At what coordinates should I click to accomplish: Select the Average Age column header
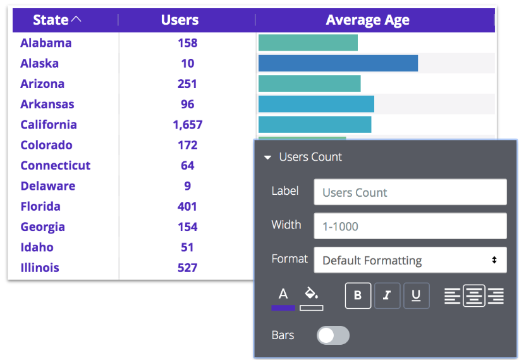[367, 20]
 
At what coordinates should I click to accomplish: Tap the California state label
[49, 125]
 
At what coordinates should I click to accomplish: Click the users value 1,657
[187, 125]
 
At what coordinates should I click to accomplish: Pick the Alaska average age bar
[338, 63]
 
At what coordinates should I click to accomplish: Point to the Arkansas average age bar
[316, 104]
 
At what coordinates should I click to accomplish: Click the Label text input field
[410, 192]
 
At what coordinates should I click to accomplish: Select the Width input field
[410, 226]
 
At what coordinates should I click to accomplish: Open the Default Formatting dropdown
[410, 260]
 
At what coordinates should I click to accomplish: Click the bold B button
[358, 295]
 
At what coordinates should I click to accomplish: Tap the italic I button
[387, 295]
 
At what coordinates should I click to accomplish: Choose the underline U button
[416, 295]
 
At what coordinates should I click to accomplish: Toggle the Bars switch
[333, 335]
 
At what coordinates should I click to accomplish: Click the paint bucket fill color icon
[312, 295]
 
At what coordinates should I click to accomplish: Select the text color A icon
[283, 295]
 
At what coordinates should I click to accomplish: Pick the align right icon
[496, 295]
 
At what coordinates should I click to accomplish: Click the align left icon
[452, 295]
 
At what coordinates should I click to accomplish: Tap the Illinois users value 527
[187, 268]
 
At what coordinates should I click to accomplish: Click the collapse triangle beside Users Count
[267, 158]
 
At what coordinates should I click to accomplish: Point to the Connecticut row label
[55, 166]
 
